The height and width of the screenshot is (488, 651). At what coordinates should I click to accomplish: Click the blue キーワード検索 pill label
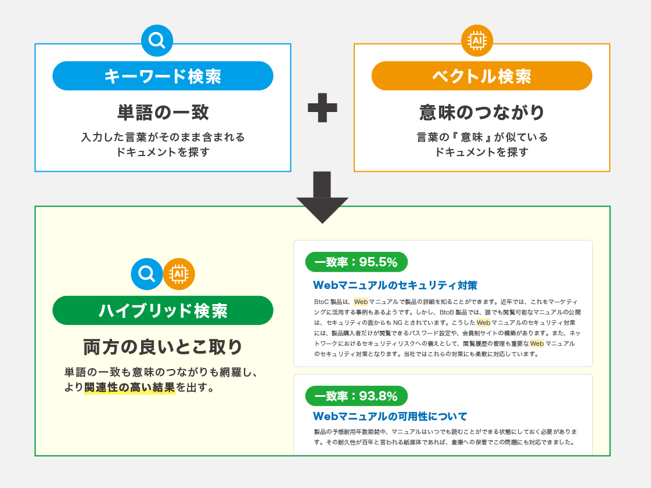point(163,76)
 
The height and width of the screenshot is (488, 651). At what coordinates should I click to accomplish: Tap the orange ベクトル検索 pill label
point(481,76)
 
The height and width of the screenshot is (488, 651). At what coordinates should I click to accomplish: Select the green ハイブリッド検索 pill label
point(163,310)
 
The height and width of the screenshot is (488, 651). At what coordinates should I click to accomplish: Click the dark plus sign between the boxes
point(322,109)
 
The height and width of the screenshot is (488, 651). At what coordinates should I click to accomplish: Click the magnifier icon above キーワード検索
point(157,41)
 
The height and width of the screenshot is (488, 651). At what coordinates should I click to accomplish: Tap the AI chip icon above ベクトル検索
point(477,41)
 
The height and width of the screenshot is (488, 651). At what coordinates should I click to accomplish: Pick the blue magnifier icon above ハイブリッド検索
point(147,273)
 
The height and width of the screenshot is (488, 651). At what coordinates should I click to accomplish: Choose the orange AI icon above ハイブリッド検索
point(179,273)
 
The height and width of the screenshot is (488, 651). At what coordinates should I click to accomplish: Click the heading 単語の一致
point(163,112)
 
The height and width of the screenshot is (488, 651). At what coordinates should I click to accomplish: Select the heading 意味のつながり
point(481,112)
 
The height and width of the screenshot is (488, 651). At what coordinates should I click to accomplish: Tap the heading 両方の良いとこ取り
point(163,347)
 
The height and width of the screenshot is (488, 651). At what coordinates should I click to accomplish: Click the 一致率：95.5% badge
point(356,262)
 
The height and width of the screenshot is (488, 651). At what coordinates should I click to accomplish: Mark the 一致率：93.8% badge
point(356,396)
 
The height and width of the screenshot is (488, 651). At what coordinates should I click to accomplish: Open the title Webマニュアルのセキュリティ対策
point(395,285)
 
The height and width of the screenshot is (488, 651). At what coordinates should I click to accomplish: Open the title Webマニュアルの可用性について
point(390,417)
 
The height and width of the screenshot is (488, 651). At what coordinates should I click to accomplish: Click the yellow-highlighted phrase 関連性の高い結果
point(130,388)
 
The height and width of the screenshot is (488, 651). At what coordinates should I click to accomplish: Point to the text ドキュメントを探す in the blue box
point(163,153)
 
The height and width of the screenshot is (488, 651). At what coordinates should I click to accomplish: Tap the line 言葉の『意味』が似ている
point(481,138)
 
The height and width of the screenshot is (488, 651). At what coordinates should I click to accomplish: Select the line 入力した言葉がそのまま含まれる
point(163,138)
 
